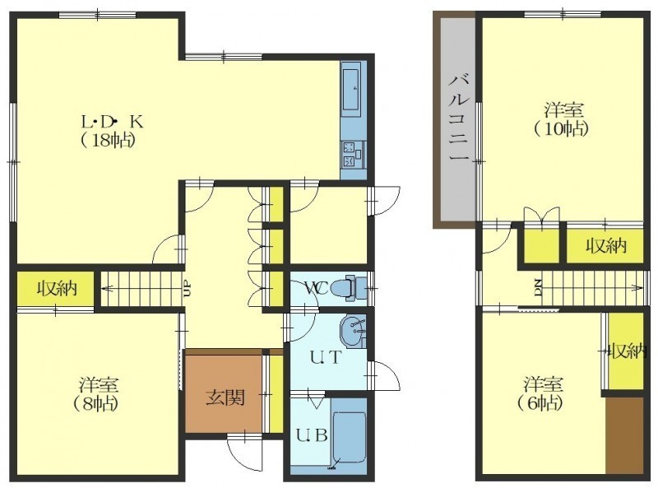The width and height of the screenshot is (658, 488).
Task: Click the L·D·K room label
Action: pyautogui.click(x=112, y=122)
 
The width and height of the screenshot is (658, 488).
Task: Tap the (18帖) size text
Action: pyautogui.click(x=108, y=140)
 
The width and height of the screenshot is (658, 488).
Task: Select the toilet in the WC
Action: pyautogui.click(x=348, y=289)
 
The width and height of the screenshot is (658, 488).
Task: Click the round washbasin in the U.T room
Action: pyautogui.click(x=353, y=330)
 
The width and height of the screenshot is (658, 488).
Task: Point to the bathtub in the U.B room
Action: pyautogui.click(x=349, y=438)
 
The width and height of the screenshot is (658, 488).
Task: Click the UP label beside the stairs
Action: pyautogui.click(x=188, y=289)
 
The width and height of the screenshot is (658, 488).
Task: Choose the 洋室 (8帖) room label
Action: pyautogui.click(x=97, y=393)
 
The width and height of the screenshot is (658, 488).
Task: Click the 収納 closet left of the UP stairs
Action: pyautogui.click(x=55, y=288)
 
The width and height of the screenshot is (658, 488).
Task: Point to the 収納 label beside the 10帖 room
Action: pyautogui.click(x=606, y=245)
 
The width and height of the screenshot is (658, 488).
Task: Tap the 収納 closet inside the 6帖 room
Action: pyautogui.click(x=626, y=351)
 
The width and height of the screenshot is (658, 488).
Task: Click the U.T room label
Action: pyautogui.click(x=327, y=357)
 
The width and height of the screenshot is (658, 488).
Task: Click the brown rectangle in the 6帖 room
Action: pyautogui.click(x=624, y=436)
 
